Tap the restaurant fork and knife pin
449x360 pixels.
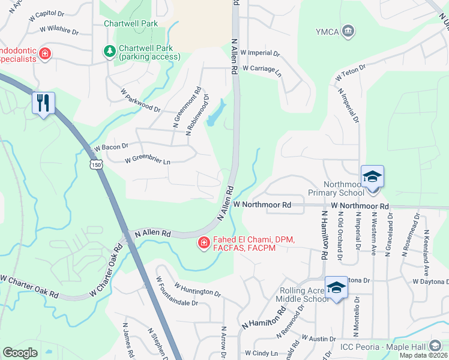click(x=43, y=103)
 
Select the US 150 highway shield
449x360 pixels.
click(x=95, y=164)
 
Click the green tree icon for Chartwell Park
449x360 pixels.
click(x=110, y=52)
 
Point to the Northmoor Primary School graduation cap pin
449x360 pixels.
click(x=372, y=177)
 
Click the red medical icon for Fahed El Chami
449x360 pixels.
click(x=203, y=243)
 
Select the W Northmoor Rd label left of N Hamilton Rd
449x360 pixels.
click(x=262, y=205)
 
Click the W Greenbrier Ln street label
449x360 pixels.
click(x=148, y=161)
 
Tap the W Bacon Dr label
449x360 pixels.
click(x=112, y=146)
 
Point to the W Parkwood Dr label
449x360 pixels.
click(x=140, y=101)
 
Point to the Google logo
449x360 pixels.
click(x=20, y=353)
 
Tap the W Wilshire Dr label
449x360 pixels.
click(x=59, y=30)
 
